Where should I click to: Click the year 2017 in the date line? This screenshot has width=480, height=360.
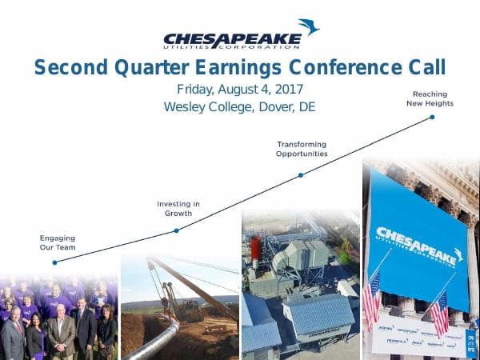[286, 90]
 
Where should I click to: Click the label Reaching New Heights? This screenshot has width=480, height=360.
[430, 98]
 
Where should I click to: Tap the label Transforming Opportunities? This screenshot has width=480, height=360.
[302, 148]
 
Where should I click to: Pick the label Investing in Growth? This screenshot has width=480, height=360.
[178, 209]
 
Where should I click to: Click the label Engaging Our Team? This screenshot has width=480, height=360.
[57, 242]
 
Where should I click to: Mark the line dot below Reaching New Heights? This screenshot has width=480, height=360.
[432, 117]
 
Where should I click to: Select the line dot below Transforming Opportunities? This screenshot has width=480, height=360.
[301, 174]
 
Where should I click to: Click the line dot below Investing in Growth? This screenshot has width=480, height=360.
[176, 230]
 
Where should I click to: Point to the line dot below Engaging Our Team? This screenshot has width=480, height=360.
[54, 262]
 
